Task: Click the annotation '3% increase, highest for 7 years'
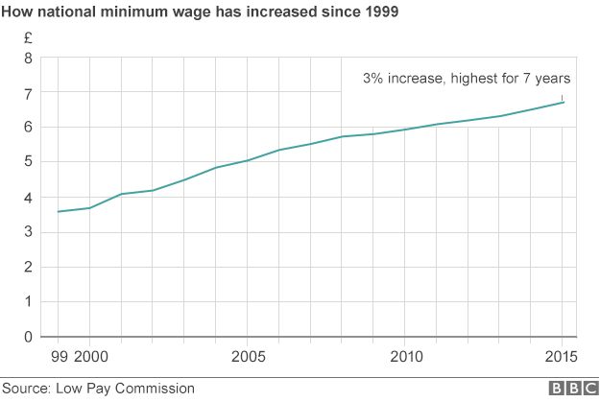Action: pyautogui.click(x=467, y=78)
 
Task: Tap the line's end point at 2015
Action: pyautogui.click(x=563, y=102)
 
